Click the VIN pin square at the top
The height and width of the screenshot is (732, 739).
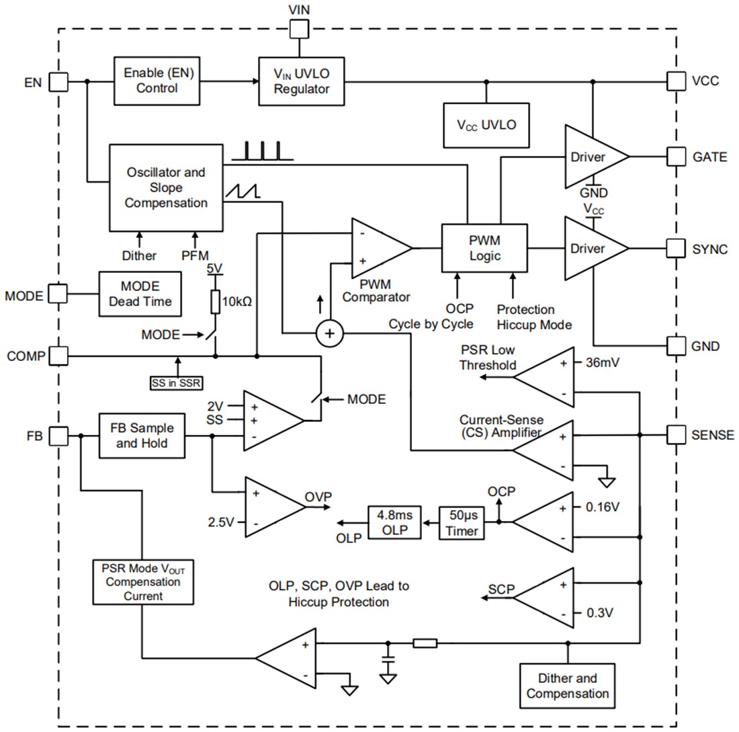pos(299,28)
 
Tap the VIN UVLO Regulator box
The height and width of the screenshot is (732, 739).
pos(301,81)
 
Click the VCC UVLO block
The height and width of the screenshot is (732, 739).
pos(486,124)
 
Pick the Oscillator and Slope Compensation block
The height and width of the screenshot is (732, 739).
pos(166,188)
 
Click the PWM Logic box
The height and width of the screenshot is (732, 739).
pos(485,248)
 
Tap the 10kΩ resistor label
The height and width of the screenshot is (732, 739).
pos(236,302)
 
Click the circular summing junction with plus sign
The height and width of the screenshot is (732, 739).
pos(329,333)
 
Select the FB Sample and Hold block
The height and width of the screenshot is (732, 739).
pos(142,436)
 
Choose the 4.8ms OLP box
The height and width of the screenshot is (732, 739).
pos(394,522)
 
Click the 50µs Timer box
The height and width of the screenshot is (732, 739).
pos(462,522)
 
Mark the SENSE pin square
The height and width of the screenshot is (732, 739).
pos(676,434)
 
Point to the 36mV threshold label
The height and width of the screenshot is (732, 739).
pos(602,363)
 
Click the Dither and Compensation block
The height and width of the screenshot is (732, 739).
pos(568,686)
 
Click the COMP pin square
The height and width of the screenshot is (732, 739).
pos(59,355)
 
